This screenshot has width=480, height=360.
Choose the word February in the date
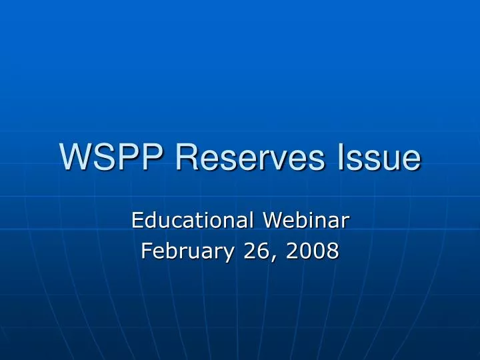185,251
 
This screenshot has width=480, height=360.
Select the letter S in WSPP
104,157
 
